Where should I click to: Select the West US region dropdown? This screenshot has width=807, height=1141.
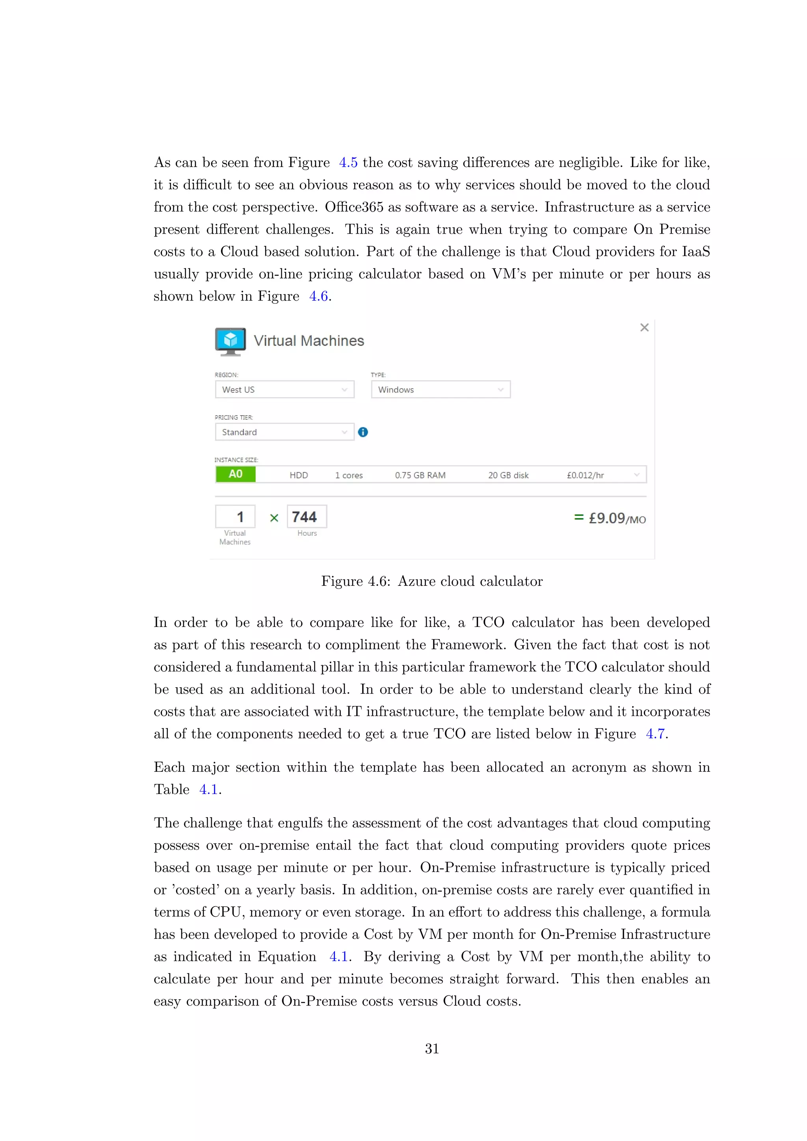point(284,390)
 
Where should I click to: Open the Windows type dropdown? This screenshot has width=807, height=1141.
point(440,390)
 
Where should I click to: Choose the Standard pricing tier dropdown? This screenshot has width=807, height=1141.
point(284,432)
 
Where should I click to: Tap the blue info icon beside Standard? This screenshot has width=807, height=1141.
point(363,432)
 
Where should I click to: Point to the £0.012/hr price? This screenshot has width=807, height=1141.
point(586,475)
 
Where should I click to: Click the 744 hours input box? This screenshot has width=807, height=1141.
point(306,517)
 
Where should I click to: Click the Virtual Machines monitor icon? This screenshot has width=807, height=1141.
point(230,341)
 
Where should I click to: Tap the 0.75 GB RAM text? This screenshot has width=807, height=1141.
point(420,475)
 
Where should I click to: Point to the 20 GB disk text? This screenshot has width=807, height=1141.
point(508,475)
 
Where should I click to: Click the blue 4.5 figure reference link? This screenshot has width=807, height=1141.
point(348,162)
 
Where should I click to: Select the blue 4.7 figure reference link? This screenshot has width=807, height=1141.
point(655,734)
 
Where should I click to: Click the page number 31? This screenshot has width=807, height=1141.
point(432,1048)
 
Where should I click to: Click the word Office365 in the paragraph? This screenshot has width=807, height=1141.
point(354,207)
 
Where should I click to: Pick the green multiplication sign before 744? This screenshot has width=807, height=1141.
point(274,518)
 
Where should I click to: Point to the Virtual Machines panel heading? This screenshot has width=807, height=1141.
point(309,341)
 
